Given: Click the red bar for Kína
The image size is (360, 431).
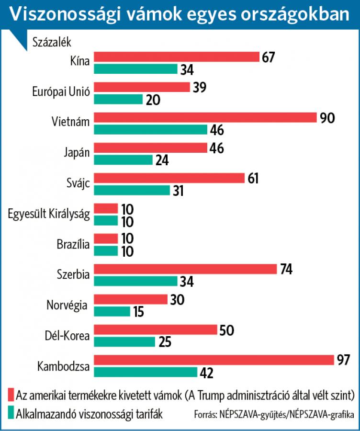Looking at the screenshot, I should coord(176,57).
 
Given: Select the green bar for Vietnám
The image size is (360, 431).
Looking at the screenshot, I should coord(150,129).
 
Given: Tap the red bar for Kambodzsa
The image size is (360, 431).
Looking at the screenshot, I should coord(214,360).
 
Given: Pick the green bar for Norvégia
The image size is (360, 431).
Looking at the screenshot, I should coord(112,311).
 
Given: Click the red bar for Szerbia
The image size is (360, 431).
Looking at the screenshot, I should coord(185,269).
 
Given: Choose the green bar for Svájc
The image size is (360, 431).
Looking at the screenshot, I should coord(132,190).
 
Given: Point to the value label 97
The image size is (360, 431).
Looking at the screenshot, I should coord(343,360).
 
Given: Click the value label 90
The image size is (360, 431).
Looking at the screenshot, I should coord(327,118).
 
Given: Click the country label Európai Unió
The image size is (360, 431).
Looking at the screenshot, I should coord(61,92).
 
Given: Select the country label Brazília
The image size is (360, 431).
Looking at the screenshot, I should coord(73,244).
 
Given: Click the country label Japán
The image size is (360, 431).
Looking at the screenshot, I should coord(77,153).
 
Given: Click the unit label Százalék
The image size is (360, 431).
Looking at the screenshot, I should coord(52,42).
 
